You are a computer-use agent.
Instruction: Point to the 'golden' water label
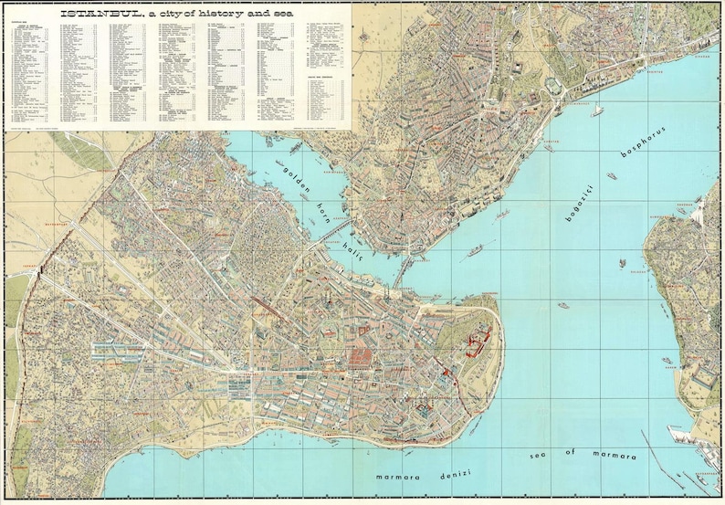[x=297, y=180]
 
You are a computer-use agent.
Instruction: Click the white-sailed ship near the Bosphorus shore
[x=597, y=110]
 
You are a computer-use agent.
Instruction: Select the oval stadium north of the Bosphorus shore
[x=555, y=85]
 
